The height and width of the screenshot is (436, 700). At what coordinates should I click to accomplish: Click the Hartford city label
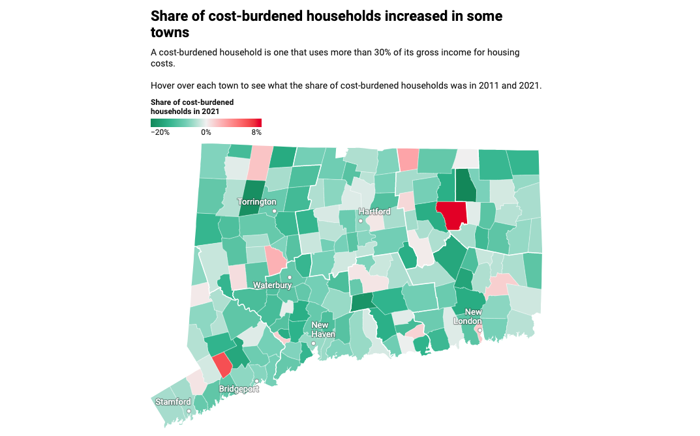(374, 212)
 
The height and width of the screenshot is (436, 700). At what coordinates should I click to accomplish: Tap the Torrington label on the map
(257, 202)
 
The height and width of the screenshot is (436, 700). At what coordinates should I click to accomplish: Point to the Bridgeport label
(239, 389)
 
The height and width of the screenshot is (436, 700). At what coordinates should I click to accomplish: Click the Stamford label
(174, 402)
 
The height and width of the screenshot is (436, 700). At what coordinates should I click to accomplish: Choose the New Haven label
(322, 330)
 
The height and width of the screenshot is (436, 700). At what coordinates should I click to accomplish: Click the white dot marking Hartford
(360, 222)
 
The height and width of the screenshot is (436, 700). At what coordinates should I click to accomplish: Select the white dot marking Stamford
(189, 411)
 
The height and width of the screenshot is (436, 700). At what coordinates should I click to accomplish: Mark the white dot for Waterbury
(290, 278)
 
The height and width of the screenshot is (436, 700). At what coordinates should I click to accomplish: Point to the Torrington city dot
(275, 211)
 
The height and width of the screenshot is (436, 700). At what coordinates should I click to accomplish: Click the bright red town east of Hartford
(452, 214)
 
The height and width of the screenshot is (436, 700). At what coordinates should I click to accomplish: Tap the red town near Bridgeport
(222, 364)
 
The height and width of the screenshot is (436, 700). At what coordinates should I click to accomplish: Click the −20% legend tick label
(160, 132)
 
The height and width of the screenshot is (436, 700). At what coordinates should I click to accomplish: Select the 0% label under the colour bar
(206, 132)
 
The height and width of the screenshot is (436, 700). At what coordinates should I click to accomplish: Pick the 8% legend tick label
(256, 132)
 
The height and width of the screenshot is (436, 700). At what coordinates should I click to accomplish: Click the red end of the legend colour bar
(257, 123)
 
